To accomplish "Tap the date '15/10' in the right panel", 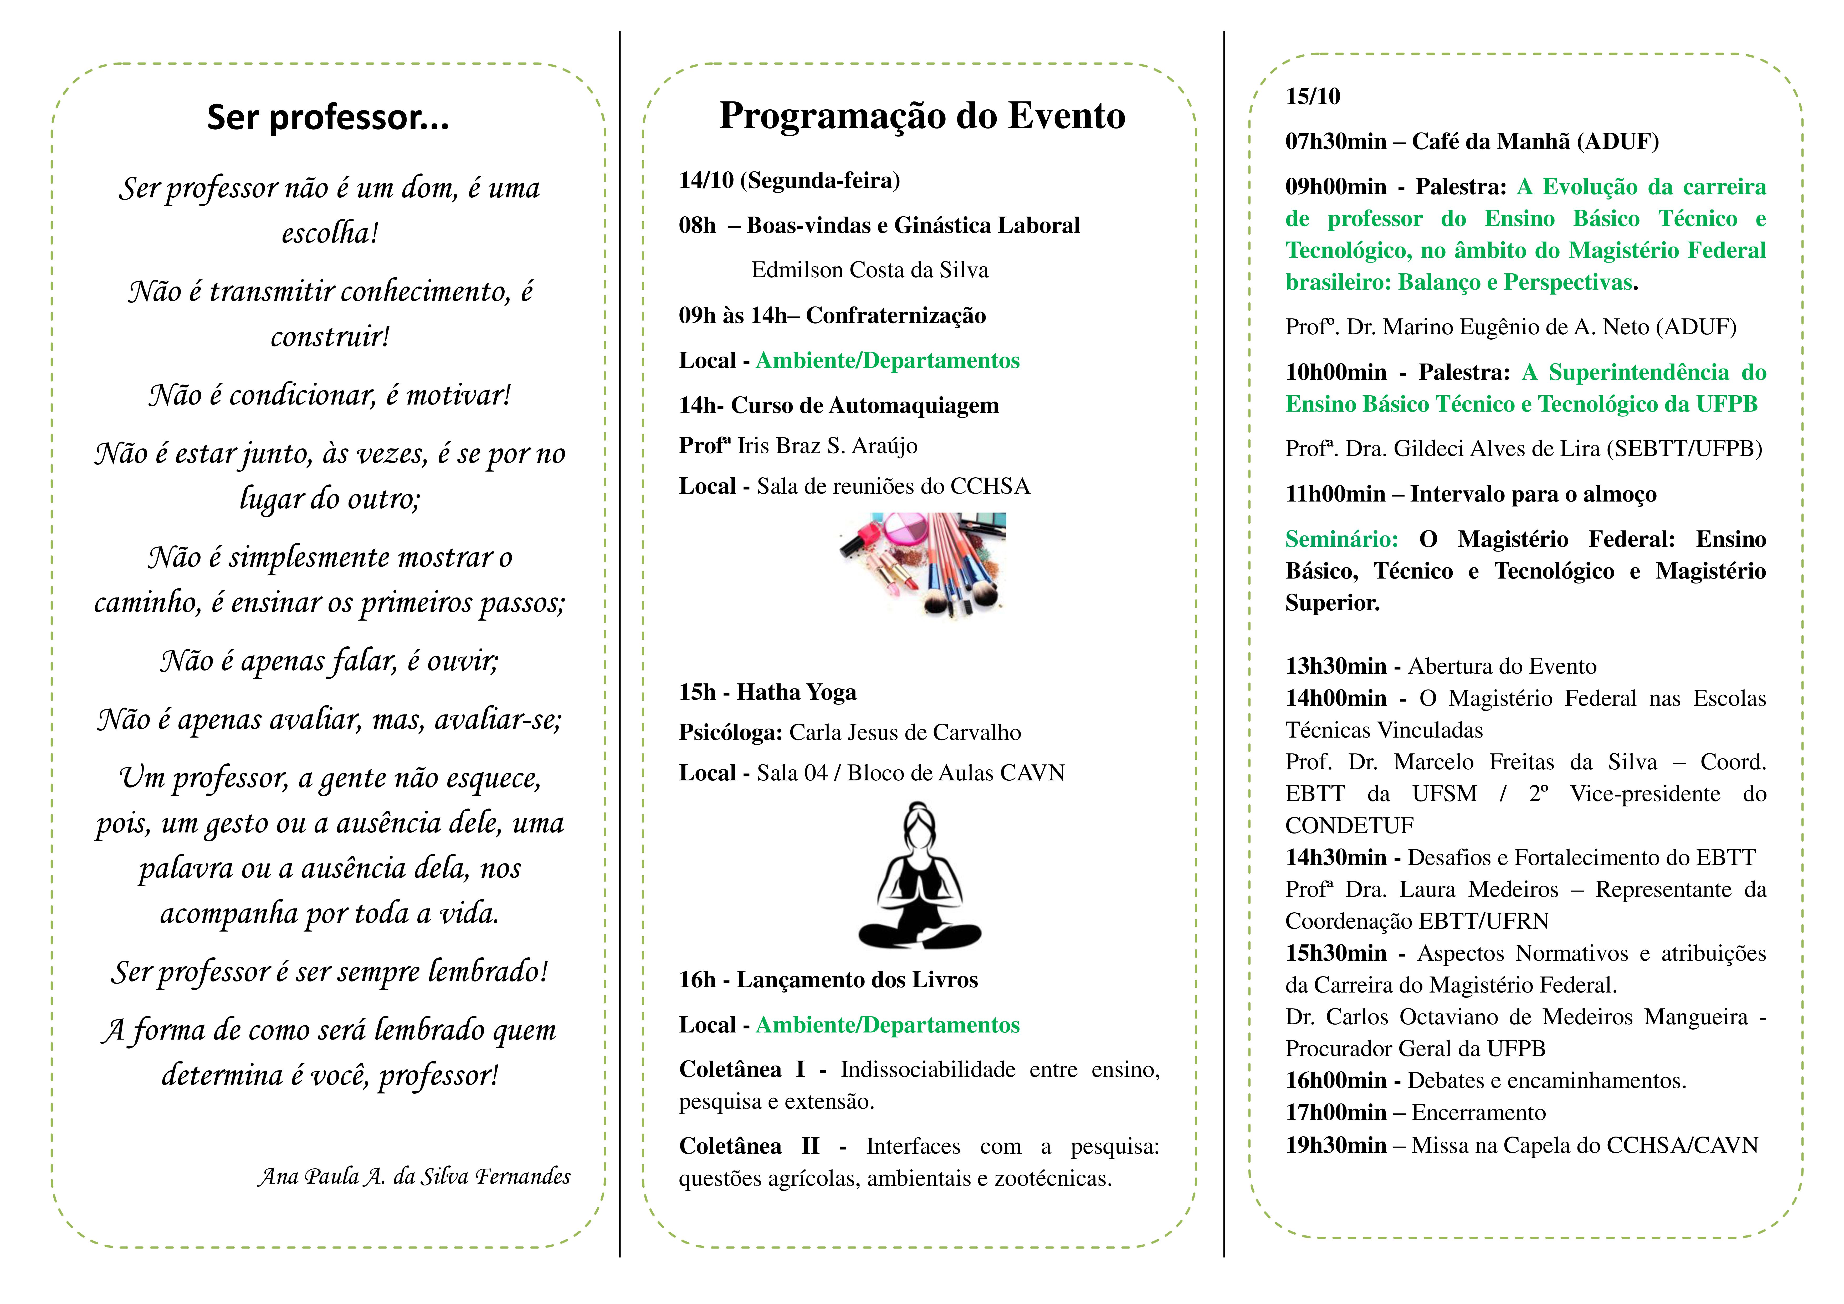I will (1312, 96).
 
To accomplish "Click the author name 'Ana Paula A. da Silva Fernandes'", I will (414, 1176).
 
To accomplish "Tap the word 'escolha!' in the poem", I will (329, 233).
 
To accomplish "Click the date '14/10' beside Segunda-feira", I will (706, 180).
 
